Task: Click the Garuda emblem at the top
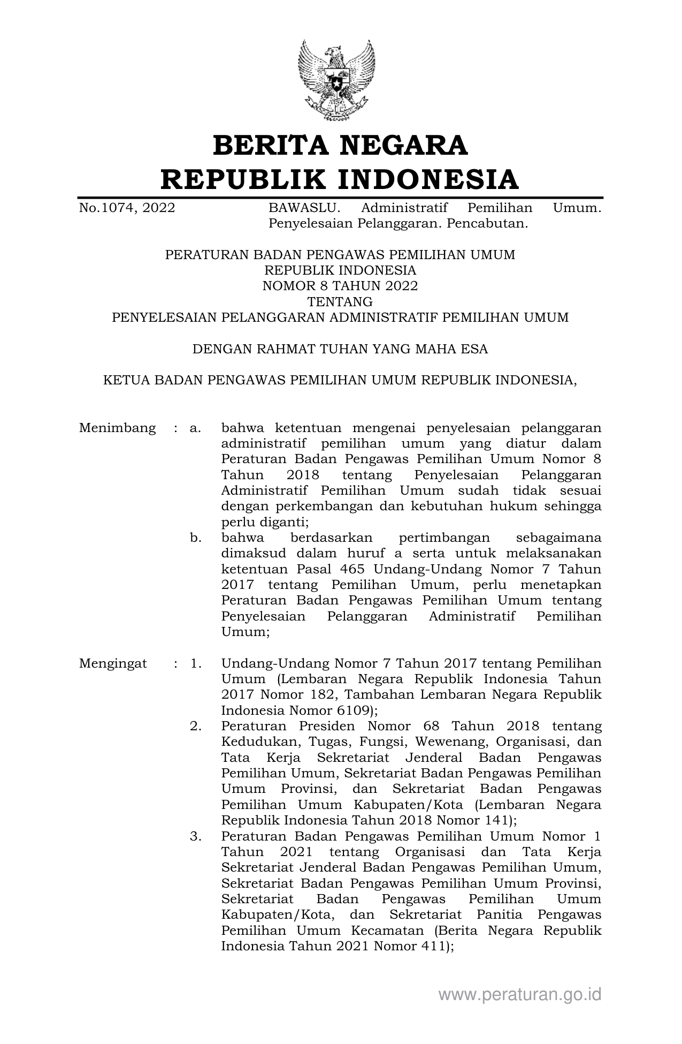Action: coord(336,80)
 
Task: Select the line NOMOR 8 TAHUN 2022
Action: coord(340,286)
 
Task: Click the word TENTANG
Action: coord(340,301)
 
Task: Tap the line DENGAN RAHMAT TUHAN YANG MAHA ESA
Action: coord(340,349)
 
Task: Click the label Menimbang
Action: coord(118,428)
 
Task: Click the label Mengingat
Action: coord(113,663)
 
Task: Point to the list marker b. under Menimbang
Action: coord(195,538)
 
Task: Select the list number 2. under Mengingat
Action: coord(195,727)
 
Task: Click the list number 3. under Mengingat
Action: coord(195,836)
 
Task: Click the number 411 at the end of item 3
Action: coord(432,946)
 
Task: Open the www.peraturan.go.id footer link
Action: coord(519,994)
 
